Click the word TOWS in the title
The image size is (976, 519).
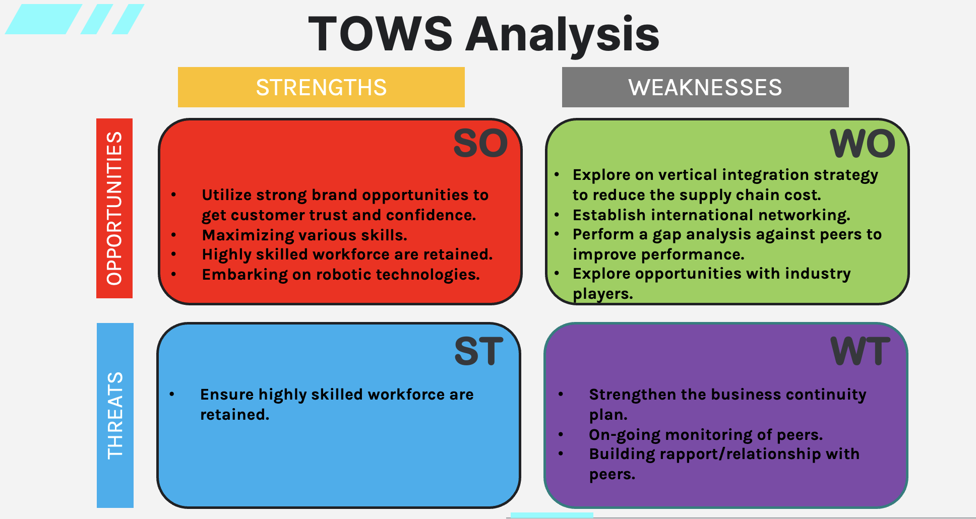(x=381, y=34)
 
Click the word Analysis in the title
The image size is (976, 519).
(x=562, y=35)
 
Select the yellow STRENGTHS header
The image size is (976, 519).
(x=321, y=87)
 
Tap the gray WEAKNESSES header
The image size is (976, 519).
(x=705, y=87)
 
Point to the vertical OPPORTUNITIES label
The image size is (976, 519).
(x=114, y=208)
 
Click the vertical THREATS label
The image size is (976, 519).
(x=115, y=415)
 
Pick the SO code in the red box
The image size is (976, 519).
(x=480, y=144)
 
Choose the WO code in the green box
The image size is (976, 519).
(x=863, y=144)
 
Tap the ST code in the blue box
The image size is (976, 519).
(x=479, y=351)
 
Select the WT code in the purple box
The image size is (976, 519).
(x=861, y=351)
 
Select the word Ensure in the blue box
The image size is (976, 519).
(x=227, y=394)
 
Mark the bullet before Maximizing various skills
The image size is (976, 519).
(x=173, y=235)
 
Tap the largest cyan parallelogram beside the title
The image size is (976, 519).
(x=44, y=19)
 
